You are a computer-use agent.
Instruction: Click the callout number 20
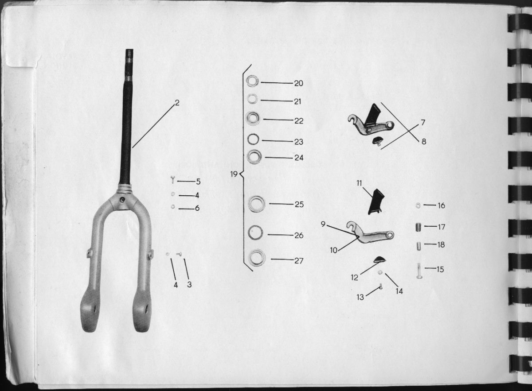[298, 83]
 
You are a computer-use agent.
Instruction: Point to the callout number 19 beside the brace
[234, 174]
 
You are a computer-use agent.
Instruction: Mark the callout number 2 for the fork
[177, 103]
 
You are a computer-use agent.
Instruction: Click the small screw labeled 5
[172, 180]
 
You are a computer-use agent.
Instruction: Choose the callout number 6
[197, 208]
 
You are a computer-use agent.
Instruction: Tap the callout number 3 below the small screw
[189, 284]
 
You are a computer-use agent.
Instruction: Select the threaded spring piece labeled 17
[419, 227]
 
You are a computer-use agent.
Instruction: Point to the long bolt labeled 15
[419, 271]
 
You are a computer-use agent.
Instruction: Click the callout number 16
[441, 205]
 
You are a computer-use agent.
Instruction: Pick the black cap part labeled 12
[380, 259]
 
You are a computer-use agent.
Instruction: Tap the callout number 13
[360, 297]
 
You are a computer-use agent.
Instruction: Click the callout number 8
[424, 142]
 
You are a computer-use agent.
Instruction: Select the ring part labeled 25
[257, 204]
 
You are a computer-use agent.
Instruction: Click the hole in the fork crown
[123, 200]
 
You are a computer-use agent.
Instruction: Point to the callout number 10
[334, 250]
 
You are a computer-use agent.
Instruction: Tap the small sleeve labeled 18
[419, 245]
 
